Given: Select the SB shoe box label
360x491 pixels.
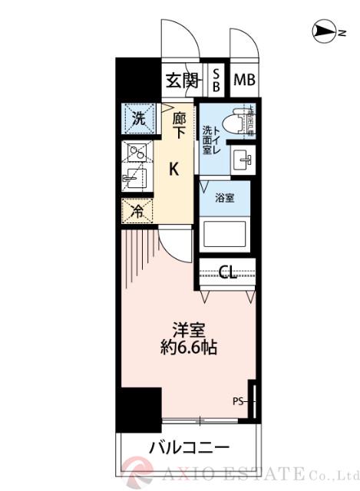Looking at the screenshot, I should coord(216,80).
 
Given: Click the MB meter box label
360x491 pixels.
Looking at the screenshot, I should coord(245,80).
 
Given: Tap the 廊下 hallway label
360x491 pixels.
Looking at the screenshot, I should coord(178,126).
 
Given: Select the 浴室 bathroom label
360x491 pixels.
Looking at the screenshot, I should coord(224,197).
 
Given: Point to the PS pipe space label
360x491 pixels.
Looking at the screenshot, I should coord(237,400).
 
